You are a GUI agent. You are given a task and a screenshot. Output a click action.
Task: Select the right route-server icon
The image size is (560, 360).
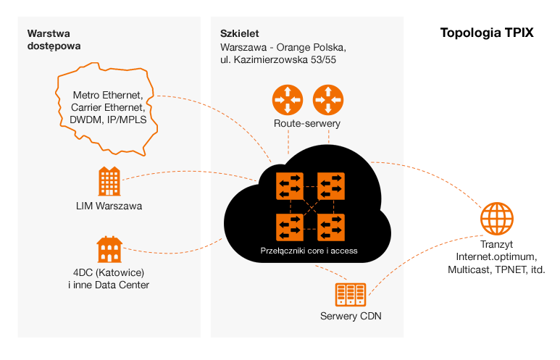327,99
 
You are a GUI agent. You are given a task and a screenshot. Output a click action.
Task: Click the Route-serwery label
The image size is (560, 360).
307,124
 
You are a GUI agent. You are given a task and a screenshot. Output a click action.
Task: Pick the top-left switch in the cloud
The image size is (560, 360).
289,186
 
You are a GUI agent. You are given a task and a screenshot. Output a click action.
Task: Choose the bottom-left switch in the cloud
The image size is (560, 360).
289,227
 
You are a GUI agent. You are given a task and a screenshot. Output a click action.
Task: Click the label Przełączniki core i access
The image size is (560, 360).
309,251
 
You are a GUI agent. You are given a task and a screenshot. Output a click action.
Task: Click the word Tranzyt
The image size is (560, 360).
496,243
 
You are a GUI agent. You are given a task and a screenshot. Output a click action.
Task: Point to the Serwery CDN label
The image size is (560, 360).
351,317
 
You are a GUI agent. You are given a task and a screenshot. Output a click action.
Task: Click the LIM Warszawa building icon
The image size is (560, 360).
109,181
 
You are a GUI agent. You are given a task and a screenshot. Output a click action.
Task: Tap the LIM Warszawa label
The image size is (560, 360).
109,206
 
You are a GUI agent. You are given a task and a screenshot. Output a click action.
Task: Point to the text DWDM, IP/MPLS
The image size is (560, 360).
109,120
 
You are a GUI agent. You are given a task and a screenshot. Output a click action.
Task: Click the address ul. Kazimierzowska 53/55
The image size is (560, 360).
278,60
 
